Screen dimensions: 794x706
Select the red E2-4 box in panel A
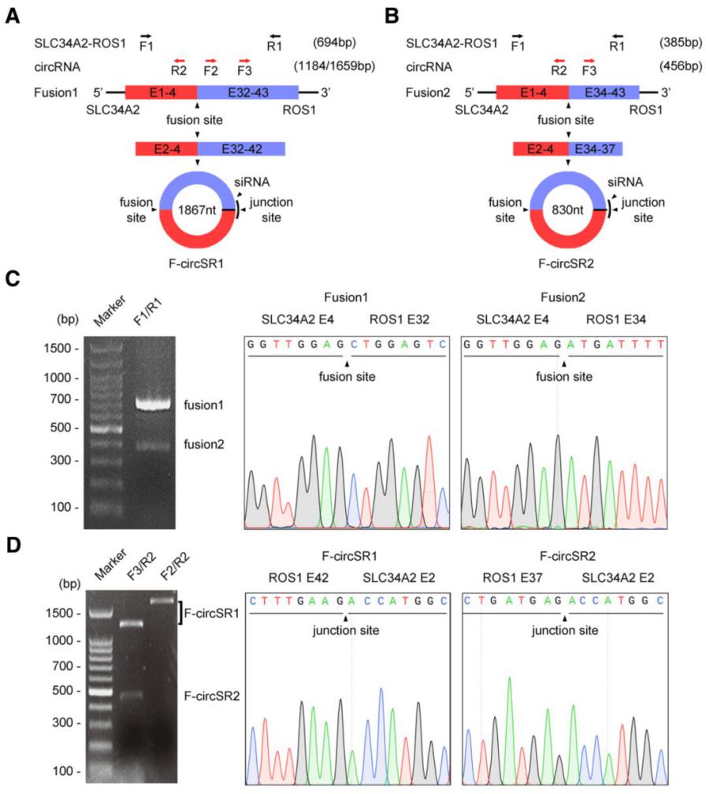click(x=165, y=149)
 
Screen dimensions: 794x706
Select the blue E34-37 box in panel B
click(x=596, y=149)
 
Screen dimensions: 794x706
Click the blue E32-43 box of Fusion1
click(x=247, y=91)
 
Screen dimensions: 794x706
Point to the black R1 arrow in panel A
click(x=274, y=35)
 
